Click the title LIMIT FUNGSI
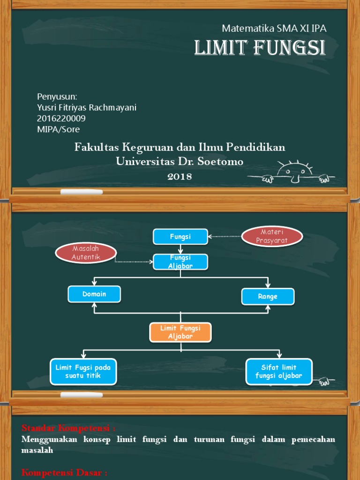260,48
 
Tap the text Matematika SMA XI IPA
274,28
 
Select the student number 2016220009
61,118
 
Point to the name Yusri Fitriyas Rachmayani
87,107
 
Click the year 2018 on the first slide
180,176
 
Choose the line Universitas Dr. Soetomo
180,162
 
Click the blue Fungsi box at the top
180,237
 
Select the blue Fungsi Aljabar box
180,262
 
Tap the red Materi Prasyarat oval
272,237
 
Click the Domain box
94,294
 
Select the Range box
268,296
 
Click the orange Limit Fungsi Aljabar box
180,332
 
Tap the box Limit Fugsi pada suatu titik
83,371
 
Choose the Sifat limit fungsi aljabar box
279,371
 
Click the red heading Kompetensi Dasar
64,472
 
